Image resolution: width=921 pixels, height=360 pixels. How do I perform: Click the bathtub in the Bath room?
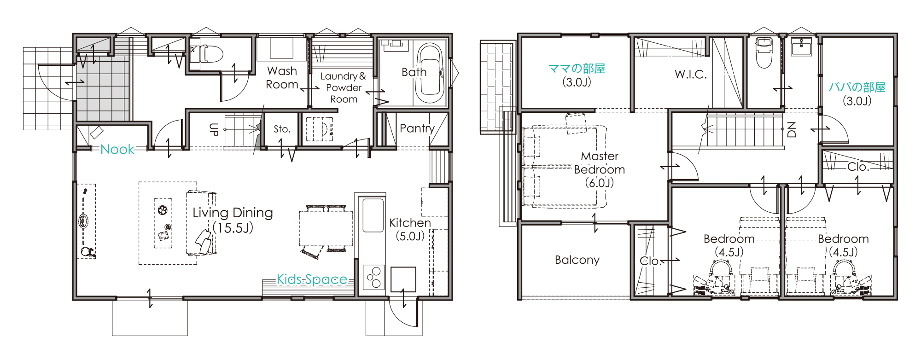click(430, 74)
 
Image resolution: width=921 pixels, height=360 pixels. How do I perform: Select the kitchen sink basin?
click(373, 215)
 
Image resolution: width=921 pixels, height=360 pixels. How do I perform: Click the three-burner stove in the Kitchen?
click(373, 277)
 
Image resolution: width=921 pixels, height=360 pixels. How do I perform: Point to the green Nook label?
click(117, 149)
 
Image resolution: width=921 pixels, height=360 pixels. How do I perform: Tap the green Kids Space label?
click(312, 279)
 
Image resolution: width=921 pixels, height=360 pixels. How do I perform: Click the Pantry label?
click(417, 128)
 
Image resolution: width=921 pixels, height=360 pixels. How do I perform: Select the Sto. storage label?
click(282, 129)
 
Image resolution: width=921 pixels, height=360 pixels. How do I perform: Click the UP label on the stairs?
click(214, 129)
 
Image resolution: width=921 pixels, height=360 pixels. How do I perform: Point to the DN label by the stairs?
click(792, 129)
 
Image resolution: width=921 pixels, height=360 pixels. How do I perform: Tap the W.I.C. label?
click(691, 74)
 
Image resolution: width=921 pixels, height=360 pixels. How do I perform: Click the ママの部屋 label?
click(577, 69)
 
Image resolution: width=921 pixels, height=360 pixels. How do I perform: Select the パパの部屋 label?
click(857, 87)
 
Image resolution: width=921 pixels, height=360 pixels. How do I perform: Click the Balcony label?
click(577, 260)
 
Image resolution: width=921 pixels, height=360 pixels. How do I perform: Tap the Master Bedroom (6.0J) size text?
click(599, 183)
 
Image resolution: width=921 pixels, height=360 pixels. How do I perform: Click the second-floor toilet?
click(764, 52)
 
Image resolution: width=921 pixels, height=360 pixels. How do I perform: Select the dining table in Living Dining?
click(326, 228)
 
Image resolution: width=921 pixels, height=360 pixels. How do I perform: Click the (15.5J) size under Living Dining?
click(233, 228)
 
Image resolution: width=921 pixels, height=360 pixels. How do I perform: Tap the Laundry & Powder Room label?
click(344, 87)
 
